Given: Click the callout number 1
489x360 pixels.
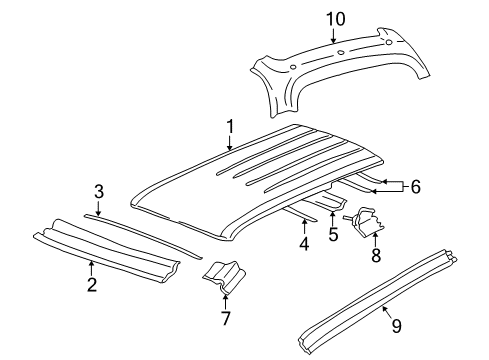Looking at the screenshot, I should pos(230,127).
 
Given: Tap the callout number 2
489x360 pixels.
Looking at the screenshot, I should pos(91,285).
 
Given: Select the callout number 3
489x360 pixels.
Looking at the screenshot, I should pos(98,191).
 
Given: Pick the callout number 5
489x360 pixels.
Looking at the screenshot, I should pos(333,234).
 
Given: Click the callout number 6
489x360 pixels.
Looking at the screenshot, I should pos(416,185).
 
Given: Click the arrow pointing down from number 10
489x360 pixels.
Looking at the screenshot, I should pos(332,36).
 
